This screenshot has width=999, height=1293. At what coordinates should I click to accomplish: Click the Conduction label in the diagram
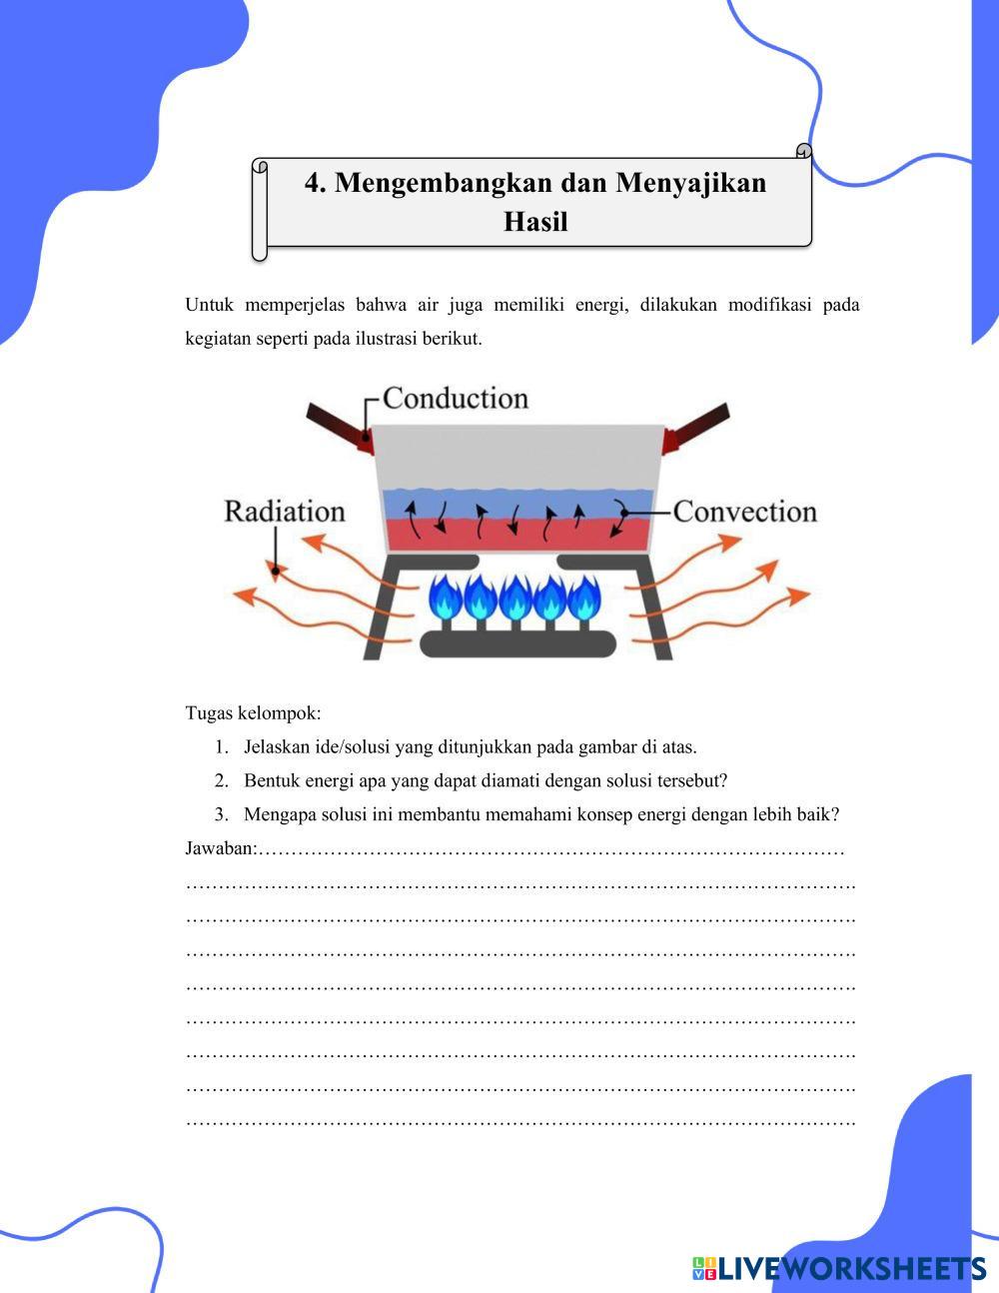455,398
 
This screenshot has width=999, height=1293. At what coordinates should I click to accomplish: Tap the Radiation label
285,511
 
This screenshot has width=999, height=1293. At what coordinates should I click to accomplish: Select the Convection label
745,511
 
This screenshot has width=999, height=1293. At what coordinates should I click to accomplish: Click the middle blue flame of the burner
515,598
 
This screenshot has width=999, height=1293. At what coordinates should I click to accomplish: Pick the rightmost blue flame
583,598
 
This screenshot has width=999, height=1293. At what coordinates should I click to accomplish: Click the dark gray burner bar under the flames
516,644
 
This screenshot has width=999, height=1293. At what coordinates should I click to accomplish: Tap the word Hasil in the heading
535,221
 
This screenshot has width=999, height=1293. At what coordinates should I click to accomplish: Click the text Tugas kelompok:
253,713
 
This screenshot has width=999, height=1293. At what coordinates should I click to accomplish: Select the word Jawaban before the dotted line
220,848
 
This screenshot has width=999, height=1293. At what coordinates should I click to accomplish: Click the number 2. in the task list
221,780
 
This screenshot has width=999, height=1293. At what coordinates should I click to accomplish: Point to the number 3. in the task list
221,814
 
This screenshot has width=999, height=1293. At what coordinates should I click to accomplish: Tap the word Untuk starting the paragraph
209,305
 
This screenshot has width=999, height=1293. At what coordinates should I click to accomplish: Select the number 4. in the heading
316,183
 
